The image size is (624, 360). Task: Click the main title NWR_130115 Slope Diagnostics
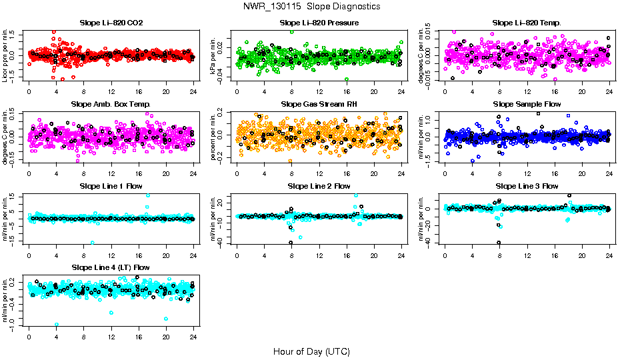tap(312, 6)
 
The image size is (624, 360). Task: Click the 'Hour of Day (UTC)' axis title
tap(311, 351)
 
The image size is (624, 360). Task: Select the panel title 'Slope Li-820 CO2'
tap(111, 23)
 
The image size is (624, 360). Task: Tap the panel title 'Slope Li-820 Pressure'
tap(319, 23)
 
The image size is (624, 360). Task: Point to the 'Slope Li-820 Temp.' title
tap(527, 23)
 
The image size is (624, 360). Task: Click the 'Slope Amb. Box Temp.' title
tap(111, 104)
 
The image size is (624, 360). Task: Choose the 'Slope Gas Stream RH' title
tap(319, 104)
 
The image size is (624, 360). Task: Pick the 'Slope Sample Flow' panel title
tap(527, 104)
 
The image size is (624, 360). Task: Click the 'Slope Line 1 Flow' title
tap(111, 186)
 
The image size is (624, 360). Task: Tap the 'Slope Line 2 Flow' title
tap(319, 186)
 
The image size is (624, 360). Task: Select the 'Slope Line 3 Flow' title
tap(527, 186)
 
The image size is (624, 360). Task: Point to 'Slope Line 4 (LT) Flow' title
tap(111, 267)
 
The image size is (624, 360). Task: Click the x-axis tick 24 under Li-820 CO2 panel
tap(193, 91)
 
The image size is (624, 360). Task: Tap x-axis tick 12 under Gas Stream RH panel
tap(319, 173)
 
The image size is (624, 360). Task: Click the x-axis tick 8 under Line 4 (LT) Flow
tap(83, 336)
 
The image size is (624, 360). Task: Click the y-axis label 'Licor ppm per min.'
tap(6, 56)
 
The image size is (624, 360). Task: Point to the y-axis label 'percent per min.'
tap(214, 137)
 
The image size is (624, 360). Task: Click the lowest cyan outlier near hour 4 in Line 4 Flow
tap(57, 324)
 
